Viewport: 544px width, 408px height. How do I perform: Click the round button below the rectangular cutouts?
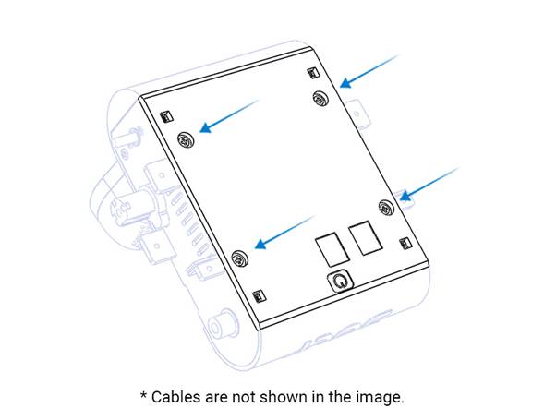point(340,281)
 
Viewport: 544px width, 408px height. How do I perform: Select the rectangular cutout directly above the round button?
point(332,249)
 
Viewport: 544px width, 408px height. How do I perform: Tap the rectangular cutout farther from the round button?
point(366,238)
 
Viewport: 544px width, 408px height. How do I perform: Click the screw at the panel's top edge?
point(320,98)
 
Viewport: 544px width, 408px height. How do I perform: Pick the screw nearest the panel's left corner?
point(186,140)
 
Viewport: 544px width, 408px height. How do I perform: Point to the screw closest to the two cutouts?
point(386,208)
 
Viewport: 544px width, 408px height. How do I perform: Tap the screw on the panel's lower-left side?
point(239,258)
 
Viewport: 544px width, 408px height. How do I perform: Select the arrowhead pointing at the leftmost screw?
point(206,127)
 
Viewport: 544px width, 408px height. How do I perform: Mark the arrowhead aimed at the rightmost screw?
point(405,196)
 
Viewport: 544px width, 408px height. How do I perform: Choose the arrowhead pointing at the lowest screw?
point(260,243)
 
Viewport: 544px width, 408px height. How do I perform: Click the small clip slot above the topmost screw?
point(313,73)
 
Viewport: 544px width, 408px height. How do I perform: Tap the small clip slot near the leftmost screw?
point(166,116)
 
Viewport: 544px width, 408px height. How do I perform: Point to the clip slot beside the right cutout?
point(405,243)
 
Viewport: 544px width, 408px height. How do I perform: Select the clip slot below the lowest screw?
point(259,295)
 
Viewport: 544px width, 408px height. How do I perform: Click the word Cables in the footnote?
point(175,397)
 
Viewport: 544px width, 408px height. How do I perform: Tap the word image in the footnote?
point(383,397)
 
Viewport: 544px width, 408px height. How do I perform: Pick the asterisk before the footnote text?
point(144,395)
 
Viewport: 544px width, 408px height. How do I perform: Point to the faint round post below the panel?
point(222,326)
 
